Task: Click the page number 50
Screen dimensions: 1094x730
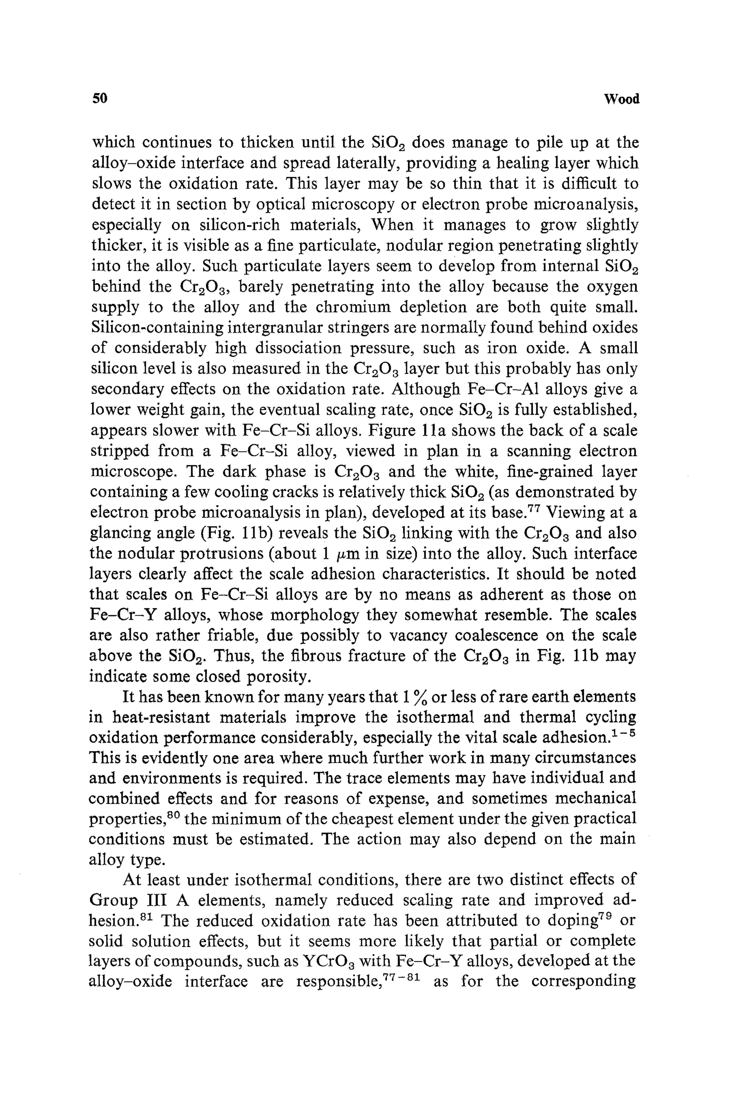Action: pos(100,99)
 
